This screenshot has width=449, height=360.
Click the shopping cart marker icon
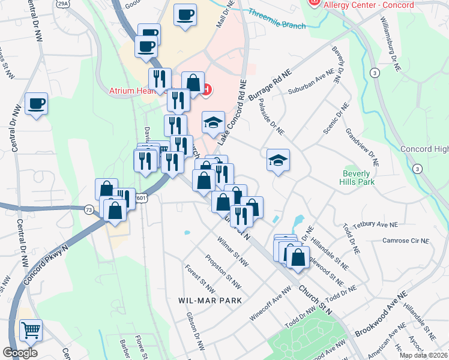click(31, 329)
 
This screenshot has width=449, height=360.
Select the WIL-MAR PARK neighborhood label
click(210, 299)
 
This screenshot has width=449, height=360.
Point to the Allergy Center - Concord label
click(369, 5)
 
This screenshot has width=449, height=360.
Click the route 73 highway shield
click(89, 209)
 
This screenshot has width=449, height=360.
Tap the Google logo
click(20, 353)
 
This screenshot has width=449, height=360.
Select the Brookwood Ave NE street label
click(381, 313)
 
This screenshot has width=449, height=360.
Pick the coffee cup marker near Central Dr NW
click(36, 104)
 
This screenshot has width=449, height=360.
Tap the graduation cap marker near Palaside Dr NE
click(279, 160)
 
